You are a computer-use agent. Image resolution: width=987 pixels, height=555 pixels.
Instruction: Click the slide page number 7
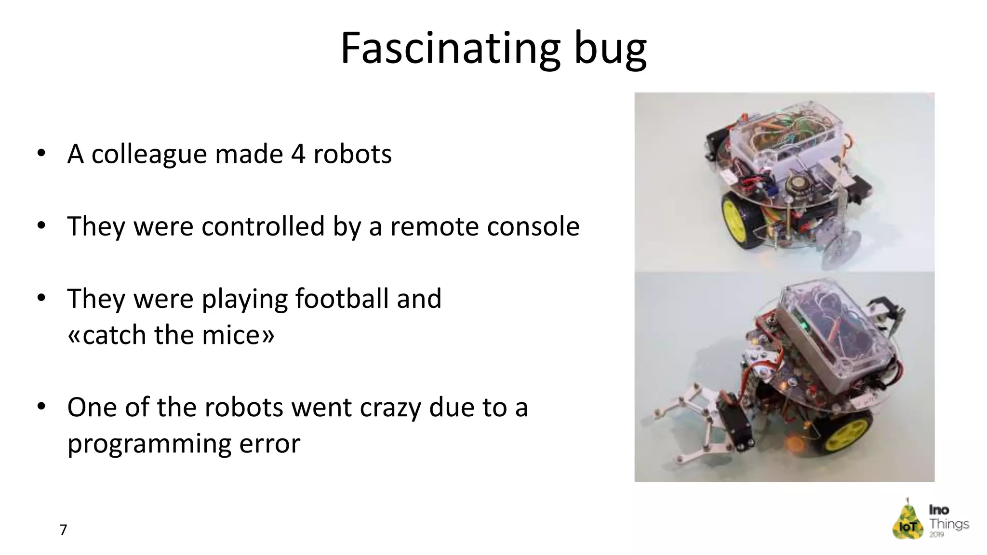(63, 529)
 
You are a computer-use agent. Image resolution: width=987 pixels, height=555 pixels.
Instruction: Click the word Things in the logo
(949, 524)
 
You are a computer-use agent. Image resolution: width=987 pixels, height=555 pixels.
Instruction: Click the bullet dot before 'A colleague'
(41, 154)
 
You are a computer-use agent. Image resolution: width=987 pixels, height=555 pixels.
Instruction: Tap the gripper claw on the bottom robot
(689, 424)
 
